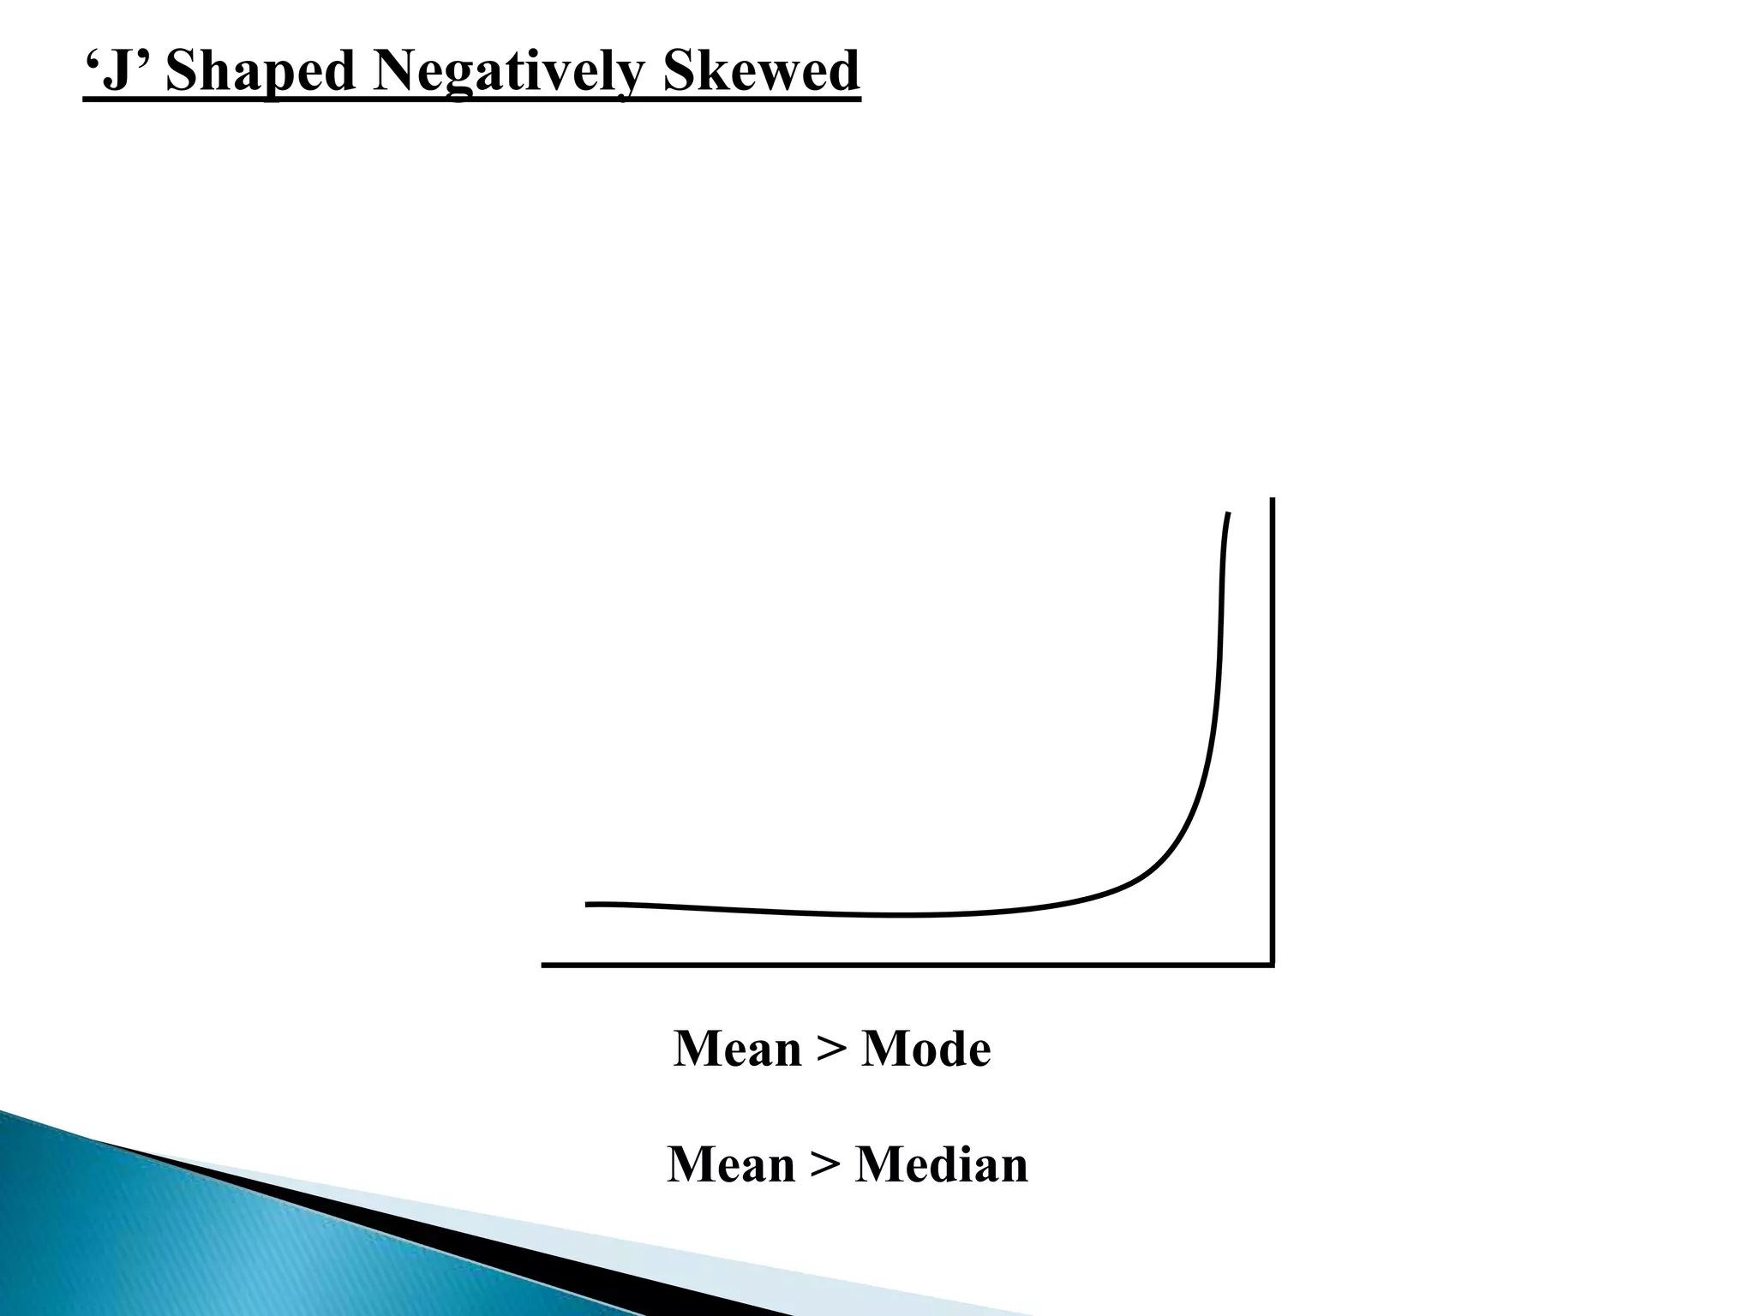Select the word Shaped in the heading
(x=260, y=73)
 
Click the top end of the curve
(x=1229, y=514)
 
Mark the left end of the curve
(x=588, y=904)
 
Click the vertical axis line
(x=1273, y=728)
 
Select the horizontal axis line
(x=900, y=965)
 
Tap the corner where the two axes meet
(x=1273, y=965)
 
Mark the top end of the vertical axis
(x=1273, y=499)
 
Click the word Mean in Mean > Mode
(x=737, y=1049)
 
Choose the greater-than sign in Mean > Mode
(x=831, y=1050)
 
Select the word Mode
(x=925, y=1049)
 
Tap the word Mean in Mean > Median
(x=731, y=1165)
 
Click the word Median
(x=942, y=1165)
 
